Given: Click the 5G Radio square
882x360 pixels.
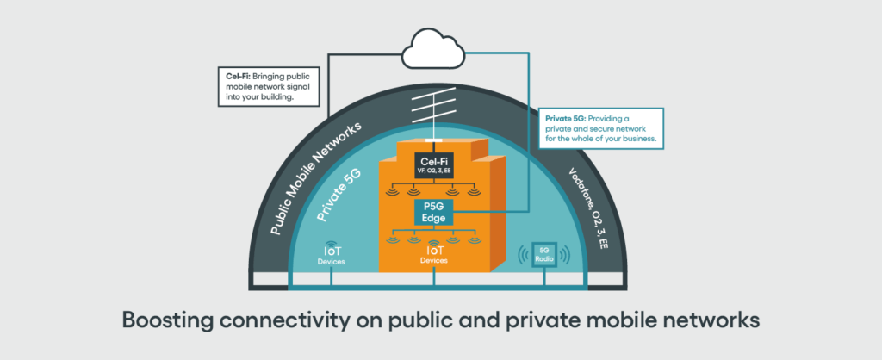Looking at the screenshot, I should tap(544, 255).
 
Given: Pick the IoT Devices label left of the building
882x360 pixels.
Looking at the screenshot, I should tap(327, 256).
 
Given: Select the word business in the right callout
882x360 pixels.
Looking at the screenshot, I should tap(637, 139).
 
